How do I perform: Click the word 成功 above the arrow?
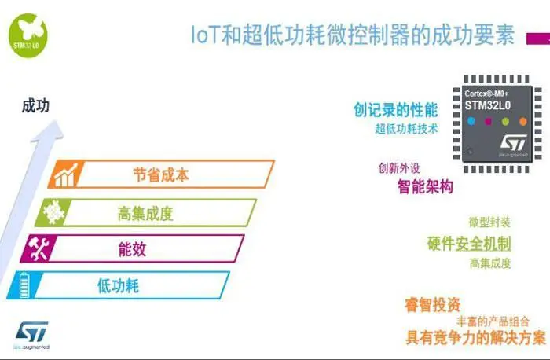click(35, 105)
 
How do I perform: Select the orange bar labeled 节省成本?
click(161, 174)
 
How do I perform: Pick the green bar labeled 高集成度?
click(149, 211)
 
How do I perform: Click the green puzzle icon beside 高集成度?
click(53, 211)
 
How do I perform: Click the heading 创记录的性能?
click(395, 110)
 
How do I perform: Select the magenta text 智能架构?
click(425, 187)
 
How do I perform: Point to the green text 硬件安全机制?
click(469, 243)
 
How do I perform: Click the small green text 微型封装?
click(489, 222)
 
